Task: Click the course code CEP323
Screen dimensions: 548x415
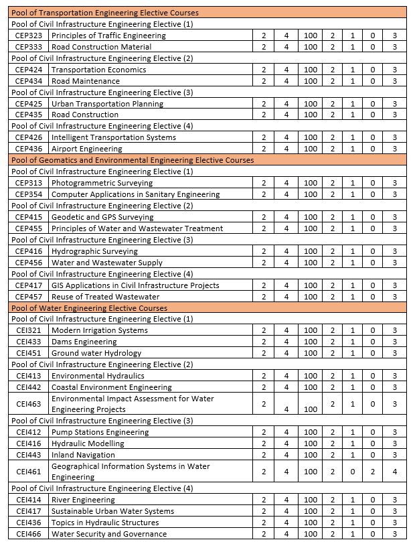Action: pyautogui.click(x=29, y=36)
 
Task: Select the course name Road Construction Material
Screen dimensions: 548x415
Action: pyautogui.click(x=101, y=47)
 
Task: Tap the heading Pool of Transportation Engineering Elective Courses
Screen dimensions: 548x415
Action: pyautogui.click(x=105, y=13)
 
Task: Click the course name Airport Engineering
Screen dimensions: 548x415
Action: pyautogui.click(x=87, y=149)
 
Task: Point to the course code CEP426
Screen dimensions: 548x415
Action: pyautogui.click(x=29, y=137)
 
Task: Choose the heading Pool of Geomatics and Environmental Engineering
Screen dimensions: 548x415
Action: pyautogui.click(x=133, y=160)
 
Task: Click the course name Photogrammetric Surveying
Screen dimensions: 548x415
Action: pyautogui.click(x=102, y=183)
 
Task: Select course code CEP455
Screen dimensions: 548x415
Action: pyautogui.click(x=29, y=228)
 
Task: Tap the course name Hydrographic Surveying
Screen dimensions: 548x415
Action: pyautogui.click(x=94, y=251)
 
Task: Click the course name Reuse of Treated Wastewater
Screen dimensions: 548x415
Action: pyautogui.click(x=105, y=297)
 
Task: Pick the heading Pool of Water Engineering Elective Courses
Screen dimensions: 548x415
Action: pyautogui.click(x=89, y=308)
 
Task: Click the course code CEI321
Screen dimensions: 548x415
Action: pyautogui.click(x=29, y=330)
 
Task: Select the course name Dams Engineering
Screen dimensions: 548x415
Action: pyautogui.click(x=84, y=342)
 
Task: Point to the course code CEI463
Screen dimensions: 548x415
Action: pyautogui.click(x=29, y=404)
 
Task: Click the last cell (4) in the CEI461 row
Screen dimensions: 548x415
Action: pyautogui.click(x=395, y=472)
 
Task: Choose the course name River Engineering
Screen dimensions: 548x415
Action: pyautogui.click(x=83, y=500)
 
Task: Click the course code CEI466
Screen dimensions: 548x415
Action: pyautogui.click(x=29, y=534)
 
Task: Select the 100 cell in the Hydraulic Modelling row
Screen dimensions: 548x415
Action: pyautogui.click(x=311, y=443)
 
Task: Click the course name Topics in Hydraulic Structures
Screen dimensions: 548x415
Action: pyautogui.click(x=105, y=523)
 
